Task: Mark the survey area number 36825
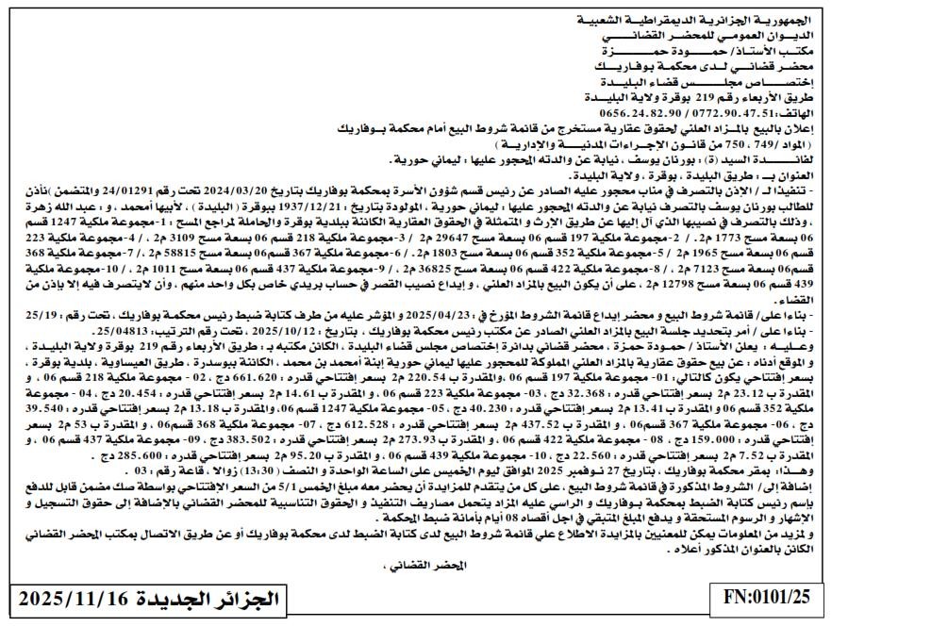[x=421, y=268]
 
